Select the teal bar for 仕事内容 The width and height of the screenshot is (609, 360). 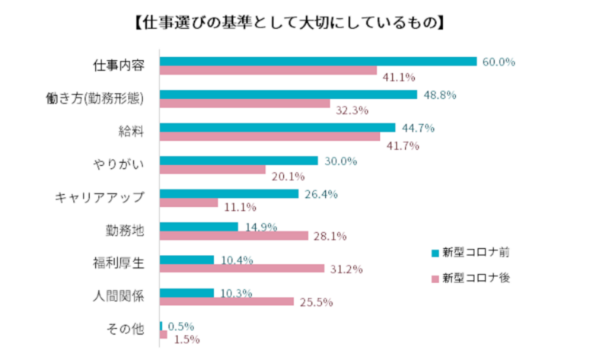point(318,62)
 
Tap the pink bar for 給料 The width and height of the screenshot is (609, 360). point(269,137)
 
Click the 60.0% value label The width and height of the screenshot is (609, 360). point(499,62)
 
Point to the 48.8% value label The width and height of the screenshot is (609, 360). point(440,94)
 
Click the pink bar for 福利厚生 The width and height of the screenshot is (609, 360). point(241,268)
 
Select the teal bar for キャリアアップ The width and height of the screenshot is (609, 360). point(229,193)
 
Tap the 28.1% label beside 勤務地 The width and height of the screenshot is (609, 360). point(330,236)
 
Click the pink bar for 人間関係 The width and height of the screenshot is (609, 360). point(227,301)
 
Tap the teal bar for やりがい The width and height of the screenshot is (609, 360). point(238,161)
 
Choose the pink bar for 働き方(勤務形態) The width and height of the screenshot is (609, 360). point(244,104)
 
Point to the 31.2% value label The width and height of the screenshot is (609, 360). point(346,269)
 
